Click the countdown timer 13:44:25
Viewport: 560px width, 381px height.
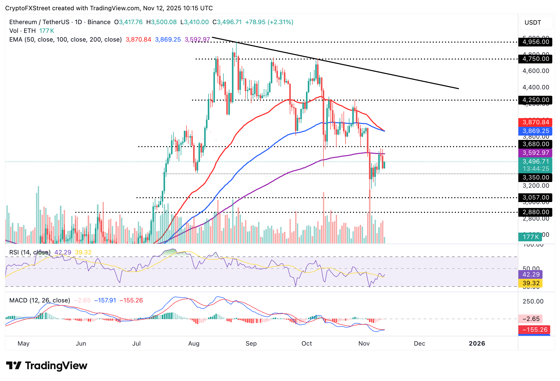pos(536,169)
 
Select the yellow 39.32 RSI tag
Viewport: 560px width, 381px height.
pos(531,283)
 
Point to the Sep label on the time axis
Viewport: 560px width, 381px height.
pos(251,344)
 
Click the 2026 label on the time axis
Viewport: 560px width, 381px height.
pos(477,344)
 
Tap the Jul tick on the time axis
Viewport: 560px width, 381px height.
pos(136,344)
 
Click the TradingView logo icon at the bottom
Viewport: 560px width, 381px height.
pos(13,366)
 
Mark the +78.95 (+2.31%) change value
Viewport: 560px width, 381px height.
pos(269,22)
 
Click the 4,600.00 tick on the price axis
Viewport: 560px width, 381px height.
pos(536,71)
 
